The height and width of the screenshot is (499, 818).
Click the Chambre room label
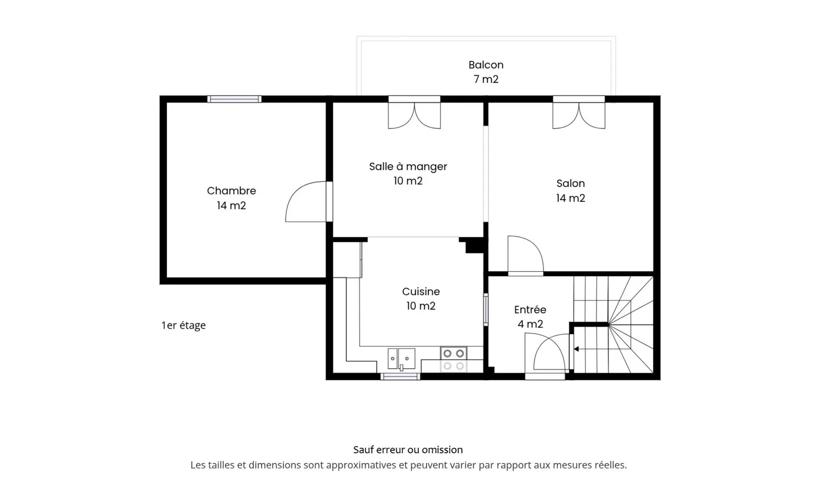click(x=231, y=191)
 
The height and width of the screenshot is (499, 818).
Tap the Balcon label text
click(x=486, y=65)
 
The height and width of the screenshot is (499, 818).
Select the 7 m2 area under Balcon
click(x=486, y=80)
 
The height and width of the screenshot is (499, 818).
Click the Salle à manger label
click(x=408, y=167)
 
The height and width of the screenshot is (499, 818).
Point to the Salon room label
click(x=570, y=184)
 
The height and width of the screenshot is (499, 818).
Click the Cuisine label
click(x=421, y=292)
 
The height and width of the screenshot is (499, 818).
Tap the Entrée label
click(x=530, y=310)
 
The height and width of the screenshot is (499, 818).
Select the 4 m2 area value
click(x=530, y=325)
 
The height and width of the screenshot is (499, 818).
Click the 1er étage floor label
click(x=183, y=326)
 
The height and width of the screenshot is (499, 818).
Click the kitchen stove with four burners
click(x=453, y=360)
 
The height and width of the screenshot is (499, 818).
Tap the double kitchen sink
click(x=401, y=359)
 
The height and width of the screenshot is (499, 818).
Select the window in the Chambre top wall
click(x=234, y=99)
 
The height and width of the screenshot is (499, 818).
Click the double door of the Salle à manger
click(x=414, y=114)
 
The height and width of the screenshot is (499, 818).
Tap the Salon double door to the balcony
click(x=579, y=114)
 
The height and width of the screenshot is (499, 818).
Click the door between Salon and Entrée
click(x=525, y=256)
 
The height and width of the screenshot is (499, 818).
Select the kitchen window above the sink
click(x=400, y=376)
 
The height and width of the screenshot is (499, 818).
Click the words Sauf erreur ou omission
click(x=408, y=450)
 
